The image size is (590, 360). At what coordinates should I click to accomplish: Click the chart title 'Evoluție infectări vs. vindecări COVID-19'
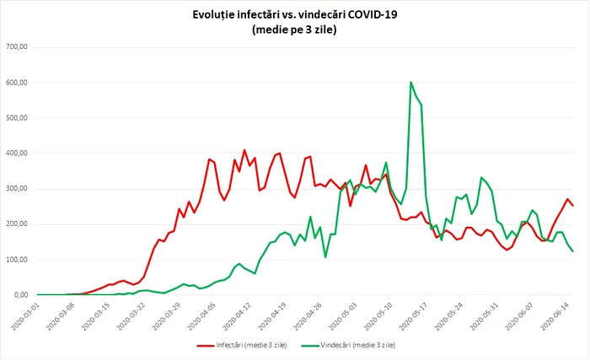click(294, 15)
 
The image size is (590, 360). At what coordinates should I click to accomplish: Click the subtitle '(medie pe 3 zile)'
click(294, 30)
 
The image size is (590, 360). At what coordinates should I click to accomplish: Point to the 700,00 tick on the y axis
click(18, 47)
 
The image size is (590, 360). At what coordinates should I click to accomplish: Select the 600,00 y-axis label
click(18, 83)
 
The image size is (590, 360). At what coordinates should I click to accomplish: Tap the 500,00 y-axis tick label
click(18, 118)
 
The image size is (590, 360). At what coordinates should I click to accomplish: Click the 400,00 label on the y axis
click(18, 153)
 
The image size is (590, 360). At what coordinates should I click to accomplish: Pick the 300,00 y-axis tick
click(18, 189)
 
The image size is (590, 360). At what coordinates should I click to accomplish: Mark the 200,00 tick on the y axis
click(18, 224)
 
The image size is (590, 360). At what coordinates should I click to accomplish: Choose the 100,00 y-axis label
click(18, 260)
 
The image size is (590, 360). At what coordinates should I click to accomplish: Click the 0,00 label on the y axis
click(21, 295)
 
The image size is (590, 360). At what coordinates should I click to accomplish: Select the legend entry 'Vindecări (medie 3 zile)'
click(354, 345)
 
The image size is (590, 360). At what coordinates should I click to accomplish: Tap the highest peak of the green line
click(410, 83)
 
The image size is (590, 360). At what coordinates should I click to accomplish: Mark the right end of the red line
click(573, 206)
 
